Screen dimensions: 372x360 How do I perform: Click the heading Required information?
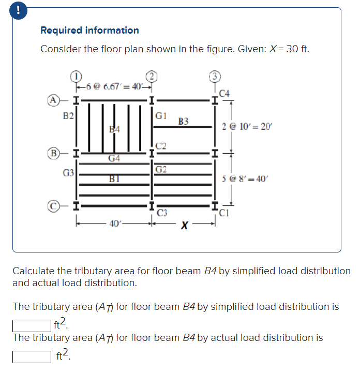(x=89, y=30)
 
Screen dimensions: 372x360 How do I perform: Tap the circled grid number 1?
(x=76, y=76)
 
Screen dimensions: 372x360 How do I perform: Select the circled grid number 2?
(x=152, y=76)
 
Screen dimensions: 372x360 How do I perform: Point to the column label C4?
(x=224, y=94)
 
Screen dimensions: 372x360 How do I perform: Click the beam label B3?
(x=183, y=122)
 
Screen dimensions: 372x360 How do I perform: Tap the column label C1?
(x=224, y=212)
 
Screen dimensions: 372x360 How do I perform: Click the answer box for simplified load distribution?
(x=31, y=325)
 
